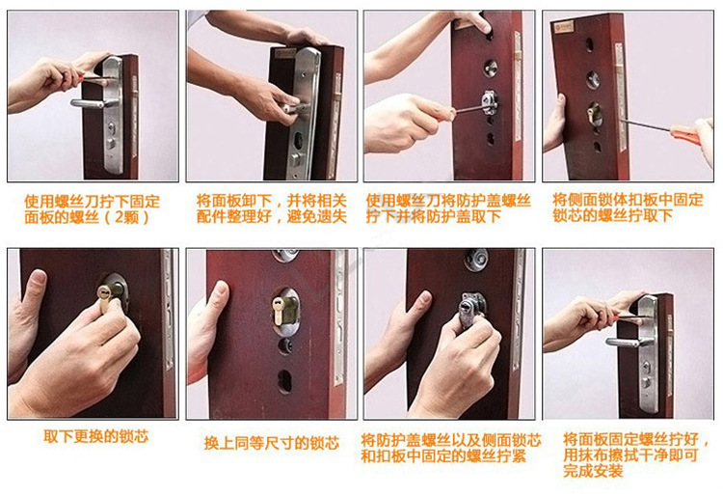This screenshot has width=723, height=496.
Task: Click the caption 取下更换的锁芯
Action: (95, 436)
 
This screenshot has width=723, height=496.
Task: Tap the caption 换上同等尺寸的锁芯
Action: (272, 443)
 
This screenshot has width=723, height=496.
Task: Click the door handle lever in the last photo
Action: (627, 343)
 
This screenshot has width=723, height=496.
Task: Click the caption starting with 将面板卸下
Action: (272, 208)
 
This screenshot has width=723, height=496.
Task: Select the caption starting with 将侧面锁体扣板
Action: (628, 207)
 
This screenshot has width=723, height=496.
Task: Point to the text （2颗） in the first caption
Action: (126, 217)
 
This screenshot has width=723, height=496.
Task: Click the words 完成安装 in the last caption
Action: (593, 471)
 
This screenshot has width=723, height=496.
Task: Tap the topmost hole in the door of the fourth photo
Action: (589, 45)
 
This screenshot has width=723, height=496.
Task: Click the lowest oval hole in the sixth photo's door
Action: (284, 381)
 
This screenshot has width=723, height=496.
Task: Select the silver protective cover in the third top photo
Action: (490, 102)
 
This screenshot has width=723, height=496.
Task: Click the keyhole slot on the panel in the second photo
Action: (298, 139)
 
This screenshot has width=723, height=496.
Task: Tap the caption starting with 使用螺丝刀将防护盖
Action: (448, 208)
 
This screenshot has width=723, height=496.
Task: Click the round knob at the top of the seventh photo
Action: (476, 259)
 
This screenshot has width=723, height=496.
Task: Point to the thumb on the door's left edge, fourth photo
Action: (560, 107)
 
